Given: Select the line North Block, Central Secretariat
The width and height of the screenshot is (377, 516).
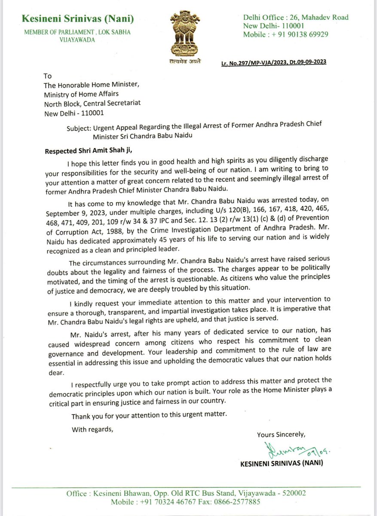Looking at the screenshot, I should click(92, 103).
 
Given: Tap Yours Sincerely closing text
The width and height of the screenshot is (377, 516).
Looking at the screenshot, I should click(281, 435).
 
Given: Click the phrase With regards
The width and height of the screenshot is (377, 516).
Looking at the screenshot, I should click(92, 429).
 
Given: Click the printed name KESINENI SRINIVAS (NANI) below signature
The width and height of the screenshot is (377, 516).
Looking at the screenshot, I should click(281, 464).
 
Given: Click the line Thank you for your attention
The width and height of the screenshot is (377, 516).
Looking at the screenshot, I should click(148, 415).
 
